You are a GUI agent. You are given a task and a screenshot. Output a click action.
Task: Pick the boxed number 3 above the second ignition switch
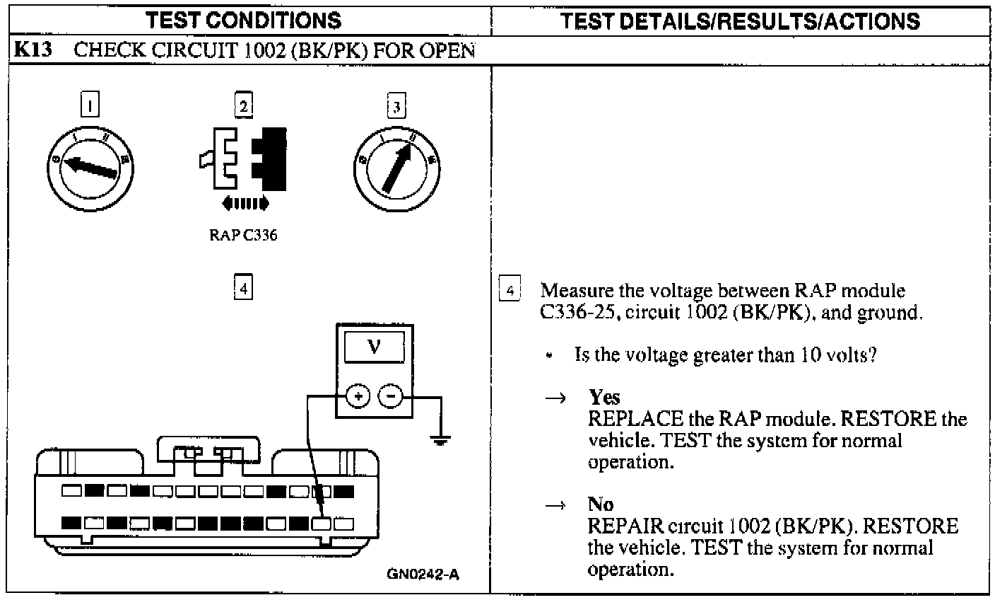396,106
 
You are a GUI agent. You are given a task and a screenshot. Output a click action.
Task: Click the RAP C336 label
242,236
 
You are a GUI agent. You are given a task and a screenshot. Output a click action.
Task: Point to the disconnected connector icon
244,161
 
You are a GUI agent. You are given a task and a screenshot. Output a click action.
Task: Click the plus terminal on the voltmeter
358,396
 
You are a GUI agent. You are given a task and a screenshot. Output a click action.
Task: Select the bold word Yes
604,397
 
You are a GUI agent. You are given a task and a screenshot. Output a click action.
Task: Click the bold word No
601,504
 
